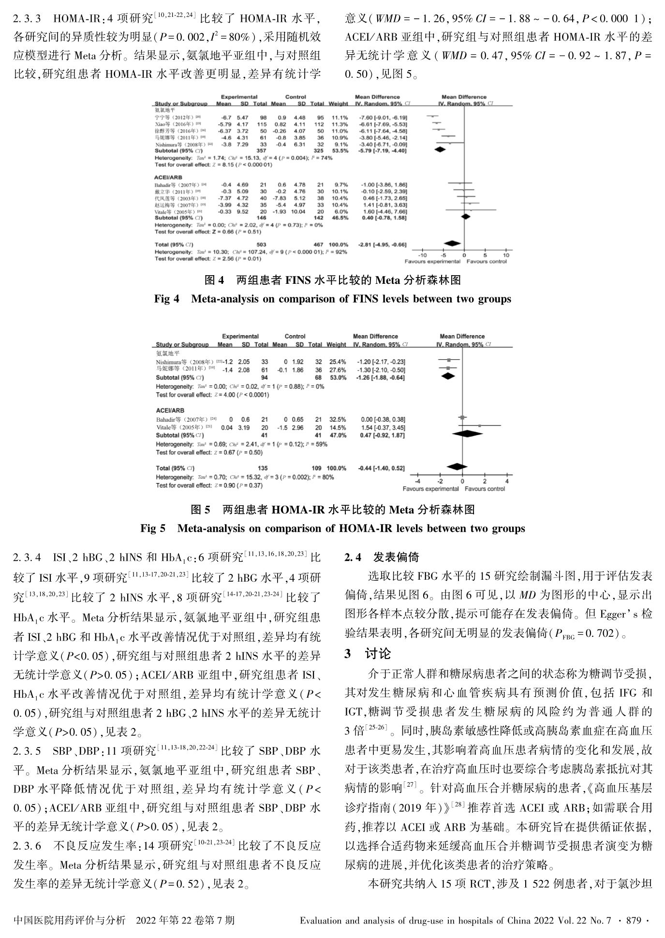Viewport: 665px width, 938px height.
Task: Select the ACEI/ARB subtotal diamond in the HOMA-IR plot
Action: (x=467, y=434)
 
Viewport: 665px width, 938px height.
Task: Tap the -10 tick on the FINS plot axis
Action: (x=422, y=255)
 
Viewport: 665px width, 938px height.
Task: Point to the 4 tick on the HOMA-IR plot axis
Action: (x=507, y=481)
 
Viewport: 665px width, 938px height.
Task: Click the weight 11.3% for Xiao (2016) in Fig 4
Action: (x=339, y=124)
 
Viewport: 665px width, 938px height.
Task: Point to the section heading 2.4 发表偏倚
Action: (x=382, y=557)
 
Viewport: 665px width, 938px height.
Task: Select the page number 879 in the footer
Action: (x=633, y=920)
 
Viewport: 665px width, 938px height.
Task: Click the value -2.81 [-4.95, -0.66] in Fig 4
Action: (x=383, y=245)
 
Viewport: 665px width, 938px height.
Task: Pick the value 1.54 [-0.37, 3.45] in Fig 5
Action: (x=383, y=428)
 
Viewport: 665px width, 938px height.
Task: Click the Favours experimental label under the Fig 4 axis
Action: (x=432, y=262)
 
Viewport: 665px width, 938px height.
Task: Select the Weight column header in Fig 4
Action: (x=338, y=103)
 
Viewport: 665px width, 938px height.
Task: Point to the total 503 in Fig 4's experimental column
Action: (x=261, y=245)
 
